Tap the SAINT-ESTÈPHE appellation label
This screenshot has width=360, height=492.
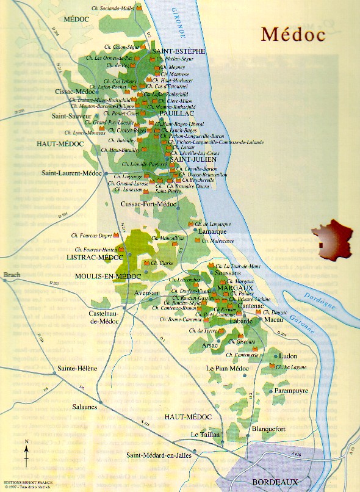pos(179,51)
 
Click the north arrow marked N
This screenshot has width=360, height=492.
pos(26,452)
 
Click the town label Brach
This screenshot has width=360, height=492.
pos(12,275)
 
